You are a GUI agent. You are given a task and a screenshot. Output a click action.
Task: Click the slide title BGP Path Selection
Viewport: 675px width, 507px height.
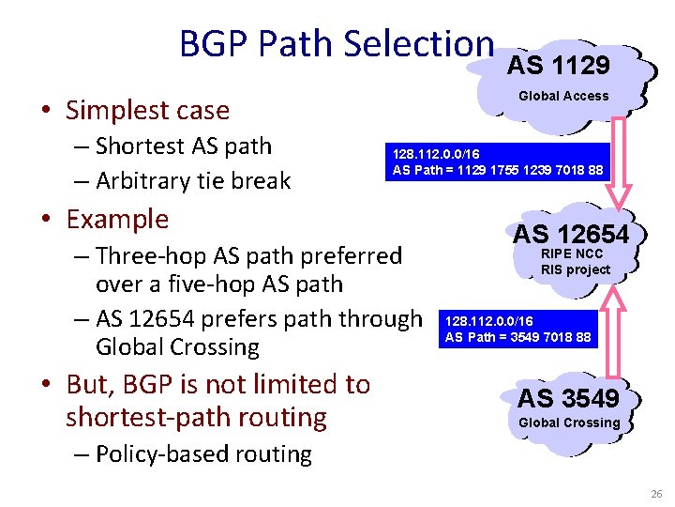(337, 44)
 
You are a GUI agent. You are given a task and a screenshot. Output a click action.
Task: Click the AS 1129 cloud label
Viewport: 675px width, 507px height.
(559, 65)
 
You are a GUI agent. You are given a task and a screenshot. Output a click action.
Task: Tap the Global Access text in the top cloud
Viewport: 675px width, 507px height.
(563, 96)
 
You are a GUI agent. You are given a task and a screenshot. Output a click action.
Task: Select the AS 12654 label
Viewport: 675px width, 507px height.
(570, 234)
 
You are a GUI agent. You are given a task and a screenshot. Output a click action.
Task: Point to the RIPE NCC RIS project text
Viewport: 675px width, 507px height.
(575, 262)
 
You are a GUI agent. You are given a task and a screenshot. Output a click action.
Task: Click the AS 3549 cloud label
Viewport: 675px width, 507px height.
(569, 398)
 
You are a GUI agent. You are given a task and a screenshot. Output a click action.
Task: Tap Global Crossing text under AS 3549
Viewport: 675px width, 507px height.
(569, 422)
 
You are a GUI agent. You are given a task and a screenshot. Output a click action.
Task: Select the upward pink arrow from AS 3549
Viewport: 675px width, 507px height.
(614, 325)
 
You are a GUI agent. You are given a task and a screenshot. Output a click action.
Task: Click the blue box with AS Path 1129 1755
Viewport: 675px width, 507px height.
(498, 161)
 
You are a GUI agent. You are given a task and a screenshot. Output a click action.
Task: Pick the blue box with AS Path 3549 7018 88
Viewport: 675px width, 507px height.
(517, 330)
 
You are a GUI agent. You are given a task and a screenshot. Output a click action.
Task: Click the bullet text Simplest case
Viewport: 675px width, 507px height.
(147, 111)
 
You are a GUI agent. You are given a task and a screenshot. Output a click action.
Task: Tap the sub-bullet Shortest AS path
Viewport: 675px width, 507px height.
(184, 146)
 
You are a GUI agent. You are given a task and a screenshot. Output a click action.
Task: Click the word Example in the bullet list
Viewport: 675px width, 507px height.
(117, 220)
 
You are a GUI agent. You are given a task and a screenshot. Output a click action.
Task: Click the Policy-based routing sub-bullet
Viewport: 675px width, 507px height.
(203, 454)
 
